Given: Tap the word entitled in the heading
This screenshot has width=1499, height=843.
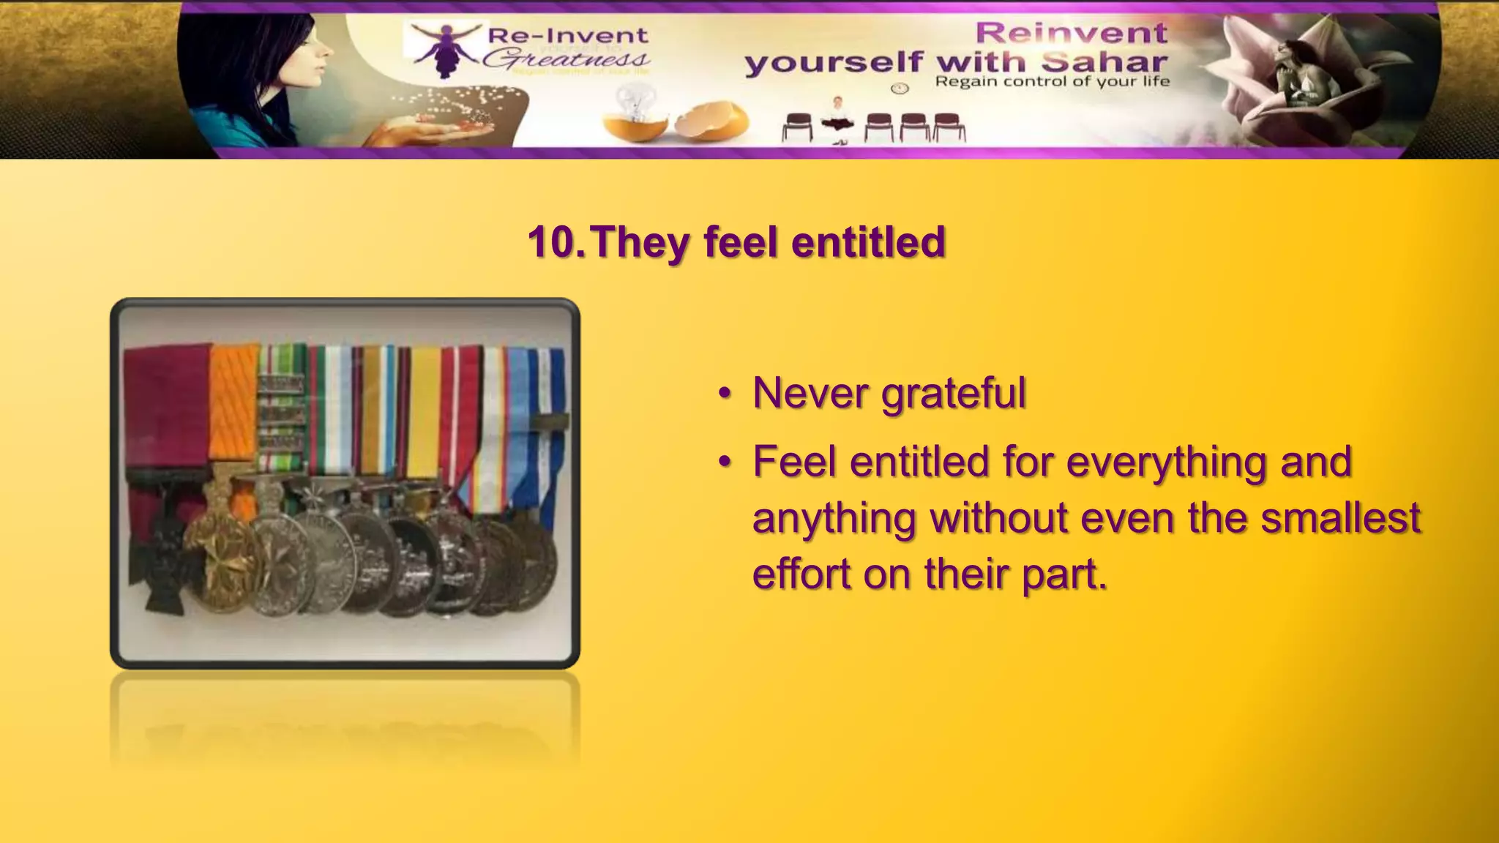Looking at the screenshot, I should click(869, 242).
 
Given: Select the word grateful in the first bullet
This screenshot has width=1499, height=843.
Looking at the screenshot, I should click(954, 394).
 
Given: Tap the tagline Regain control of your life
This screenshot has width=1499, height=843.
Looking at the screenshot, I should click(1052, 81).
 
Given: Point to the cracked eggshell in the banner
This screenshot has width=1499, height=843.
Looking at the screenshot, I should click(713, 119).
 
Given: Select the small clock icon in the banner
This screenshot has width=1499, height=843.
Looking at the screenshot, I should click(900, 89).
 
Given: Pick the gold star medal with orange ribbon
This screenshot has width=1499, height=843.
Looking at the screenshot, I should click(220, 560).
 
